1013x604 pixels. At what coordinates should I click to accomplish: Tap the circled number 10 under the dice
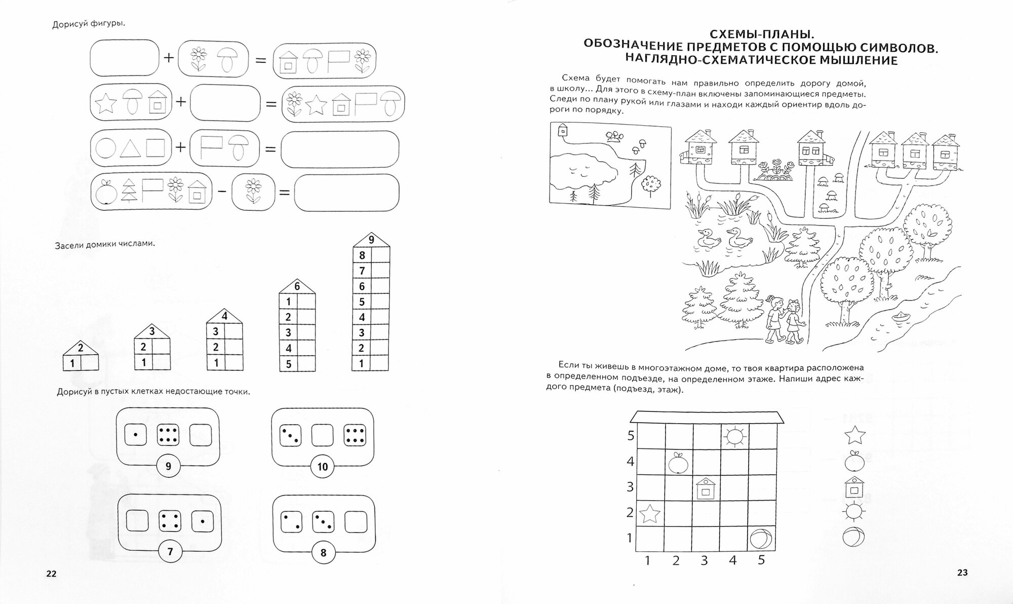(323, 467)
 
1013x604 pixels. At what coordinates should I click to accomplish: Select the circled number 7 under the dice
(170, 551)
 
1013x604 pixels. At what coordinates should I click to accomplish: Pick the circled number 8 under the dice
(323, 553)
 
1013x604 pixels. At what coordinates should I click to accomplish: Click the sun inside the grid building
(734, 436)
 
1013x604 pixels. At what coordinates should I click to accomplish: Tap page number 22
(51, 574)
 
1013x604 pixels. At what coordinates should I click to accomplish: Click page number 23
(962, 573)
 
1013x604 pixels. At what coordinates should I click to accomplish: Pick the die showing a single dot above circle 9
(135, 435)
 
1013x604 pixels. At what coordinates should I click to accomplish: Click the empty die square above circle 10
(322, 435)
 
